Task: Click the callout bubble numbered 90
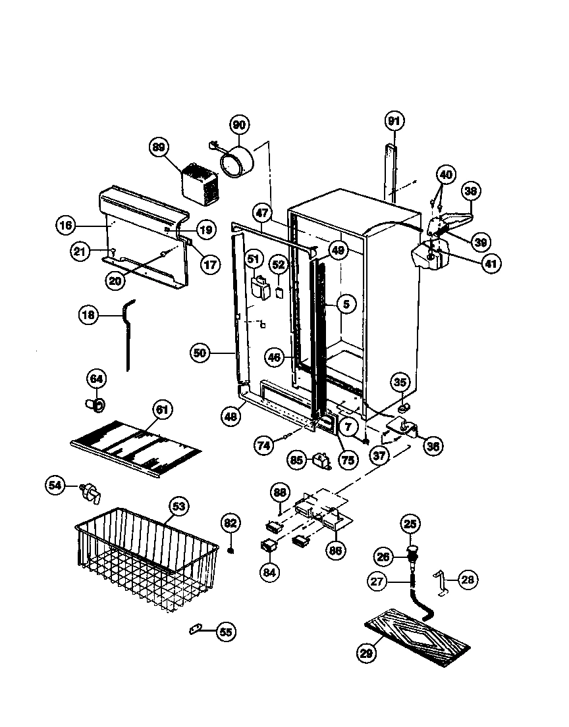(x=239, y=125)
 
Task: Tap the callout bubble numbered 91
(x=394, y=121)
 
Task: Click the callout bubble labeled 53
(x=178, y=507)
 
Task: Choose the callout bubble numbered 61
(x=162, y=410)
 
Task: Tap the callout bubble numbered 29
(x=367, y=653)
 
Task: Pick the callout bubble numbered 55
(x=226, y=632)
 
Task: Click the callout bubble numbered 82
(x=229, y=523)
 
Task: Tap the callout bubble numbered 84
(x=269, y=572)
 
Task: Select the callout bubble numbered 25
(x=411, y=524)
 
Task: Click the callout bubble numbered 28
(x=468, y=580)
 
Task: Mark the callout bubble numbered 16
(x=65, y=226)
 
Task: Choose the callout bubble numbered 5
(x=346, y=303)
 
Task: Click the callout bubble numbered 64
(x=97, y=379)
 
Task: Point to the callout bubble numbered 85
(x=297, y=460)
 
